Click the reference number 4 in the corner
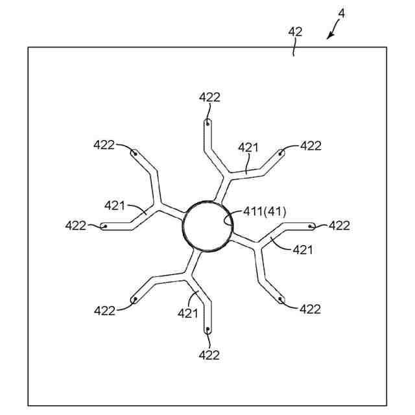click(x=342, y=12)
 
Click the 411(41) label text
click(x=265, y=211)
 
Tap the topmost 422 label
click(x=209, y=97)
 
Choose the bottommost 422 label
click(x=209, y=355)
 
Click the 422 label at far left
click(x=76, y=225)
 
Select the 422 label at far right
click(x=339, y=225)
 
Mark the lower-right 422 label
click(x=311, y=309)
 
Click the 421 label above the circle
click(x=248, y=148)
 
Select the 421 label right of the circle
click(x=302, y=249)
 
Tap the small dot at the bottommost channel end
click(x=207, y=330)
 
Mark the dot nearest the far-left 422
click(x=104, y=226)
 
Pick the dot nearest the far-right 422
click(x=312, y=226)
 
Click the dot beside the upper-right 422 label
click(x=281, y=153)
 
